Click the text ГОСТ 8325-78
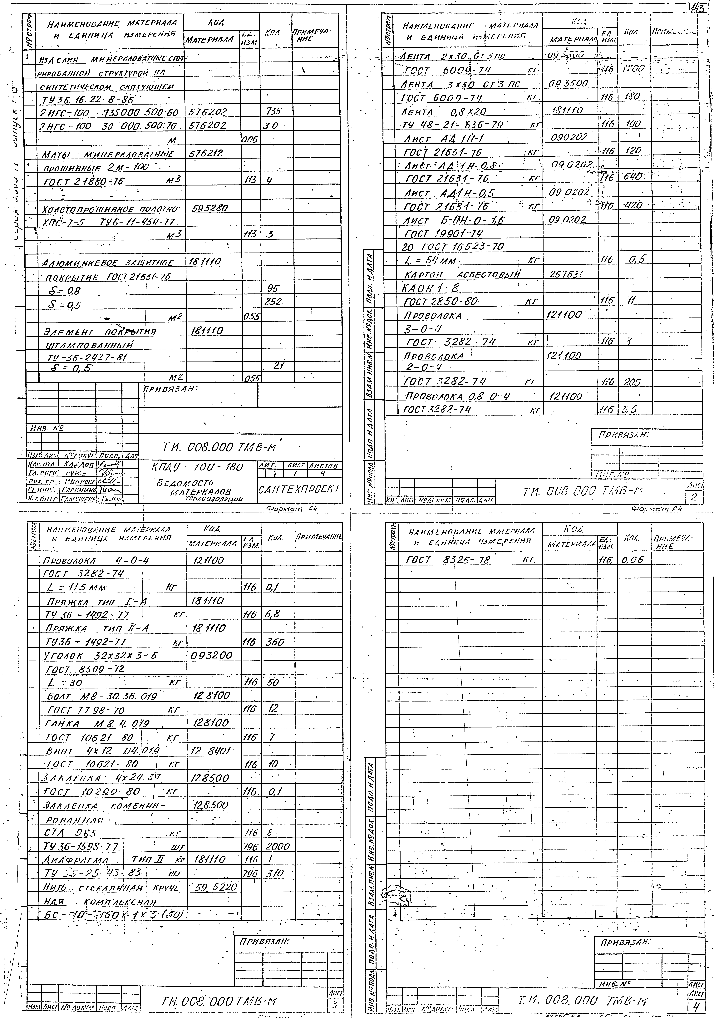click(448, 560)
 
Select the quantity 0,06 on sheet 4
click(632, 560)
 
